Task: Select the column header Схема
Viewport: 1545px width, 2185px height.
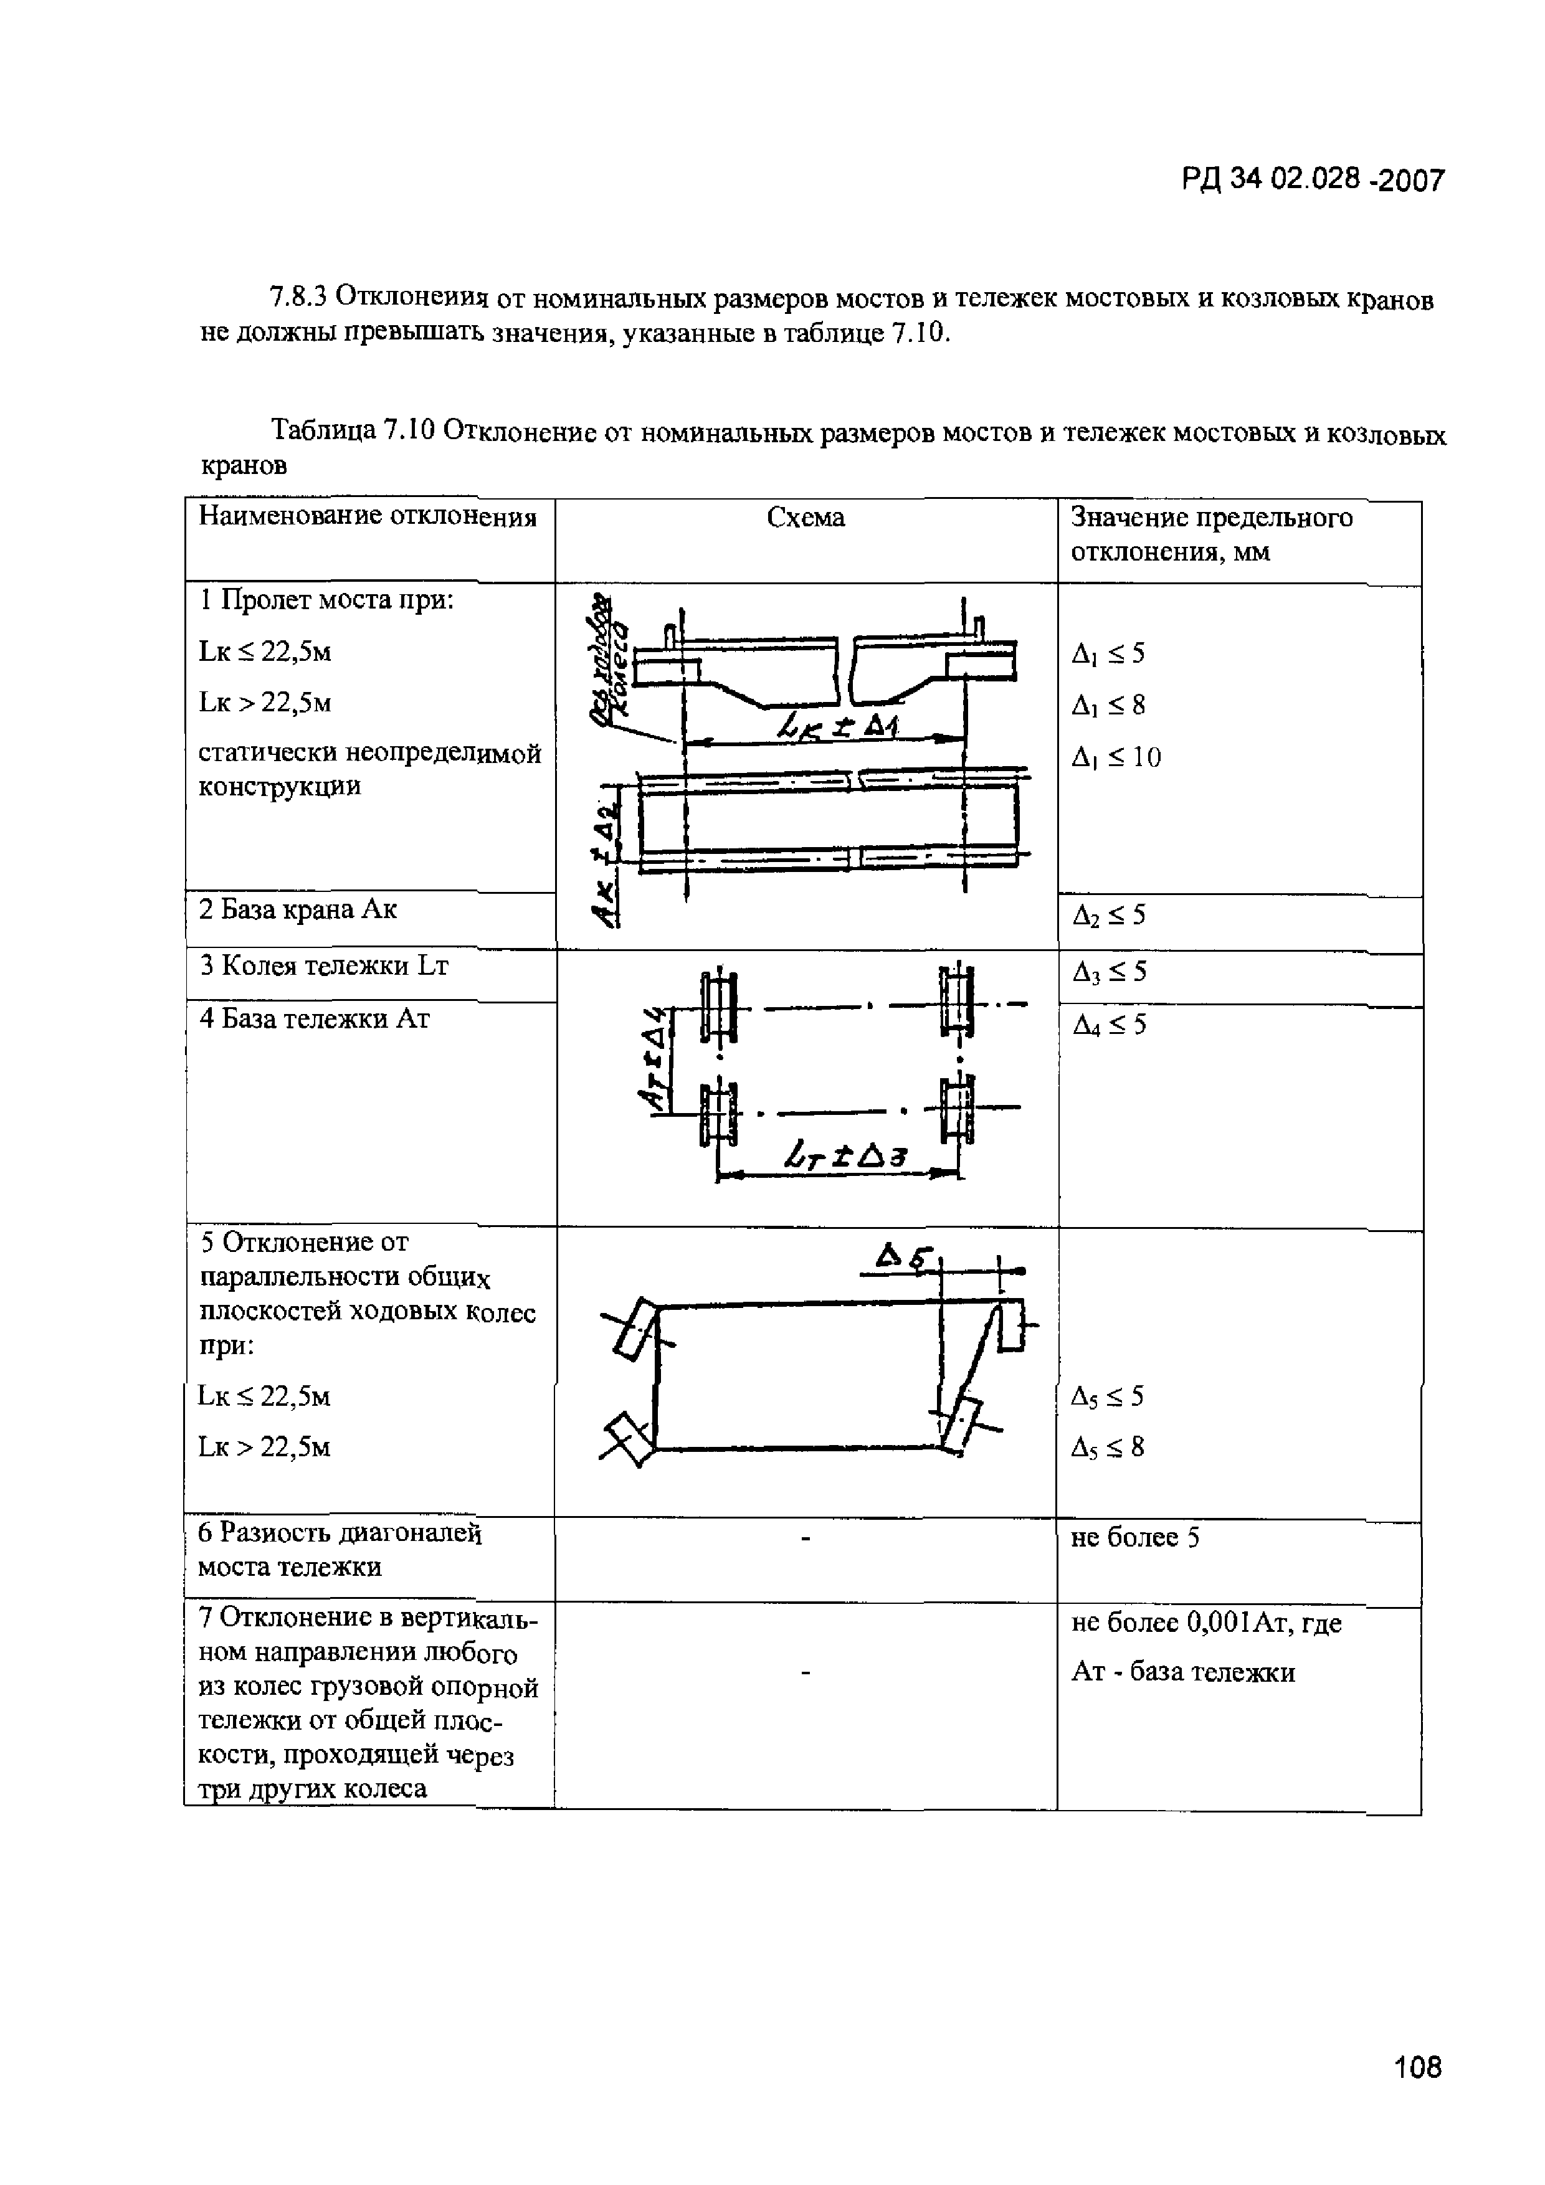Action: (806, 518)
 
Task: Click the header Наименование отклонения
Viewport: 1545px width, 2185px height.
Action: (368, 517)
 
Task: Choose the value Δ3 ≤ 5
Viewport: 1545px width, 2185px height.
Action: (1109, 972)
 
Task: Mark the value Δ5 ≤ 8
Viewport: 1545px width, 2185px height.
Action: (1108, 1448)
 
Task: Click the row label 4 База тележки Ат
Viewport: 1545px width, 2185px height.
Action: (314, 1019)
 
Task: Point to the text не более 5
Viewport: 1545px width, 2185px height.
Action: (1134, 1538)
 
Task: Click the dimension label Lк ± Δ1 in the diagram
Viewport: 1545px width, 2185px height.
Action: (838, 728)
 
